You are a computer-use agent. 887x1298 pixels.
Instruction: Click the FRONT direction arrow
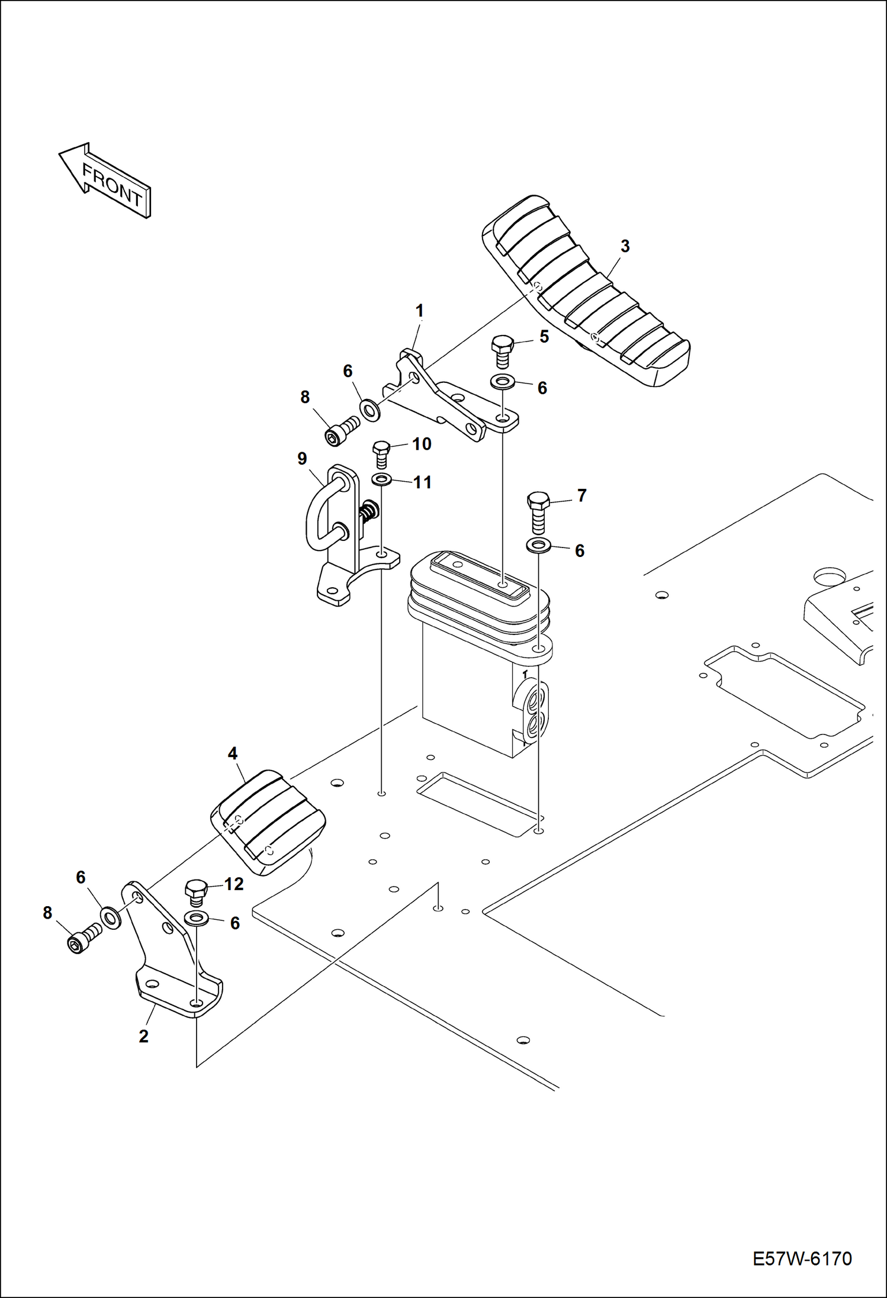(x=105, y=181)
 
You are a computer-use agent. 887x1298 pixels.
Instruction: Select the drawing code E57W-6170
(x=802, y=1258)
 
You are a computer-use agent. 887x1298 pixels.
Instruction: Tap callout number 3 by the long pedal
(x=625, y=246)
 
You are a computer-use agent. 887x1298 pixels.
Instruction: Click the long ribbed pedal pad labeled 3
(x=586, y=291)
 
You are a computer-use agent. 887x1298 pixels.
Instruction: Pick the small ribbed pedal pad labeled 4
(x=268, y=822)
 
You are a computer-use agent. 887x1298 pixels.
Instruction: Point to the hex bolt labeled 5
(x=503, y=352)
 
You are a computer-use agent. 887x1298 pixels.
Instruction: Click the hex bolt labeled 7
(x=538, y=513)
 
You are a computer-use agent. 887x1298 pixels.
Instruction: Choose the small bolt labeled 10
(x=381, y=455)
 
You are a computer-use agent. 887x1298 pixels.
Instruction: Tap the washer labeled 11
(x=381, y=478)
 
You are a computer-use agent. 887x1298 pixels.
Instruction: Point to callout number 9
(x=302, y=459)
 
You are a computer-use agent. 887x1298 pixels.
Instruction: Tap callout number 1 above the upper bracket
(x=419, y=311)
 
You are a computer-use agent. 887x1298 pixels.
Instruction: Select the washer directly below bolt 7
(x=538, y=545)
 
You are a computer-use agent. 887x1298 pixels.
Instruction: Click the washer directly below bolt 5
(x=503, y=382)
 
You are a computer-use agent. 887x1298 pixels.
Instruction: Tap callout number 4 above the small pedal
(x=233, y=753)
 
